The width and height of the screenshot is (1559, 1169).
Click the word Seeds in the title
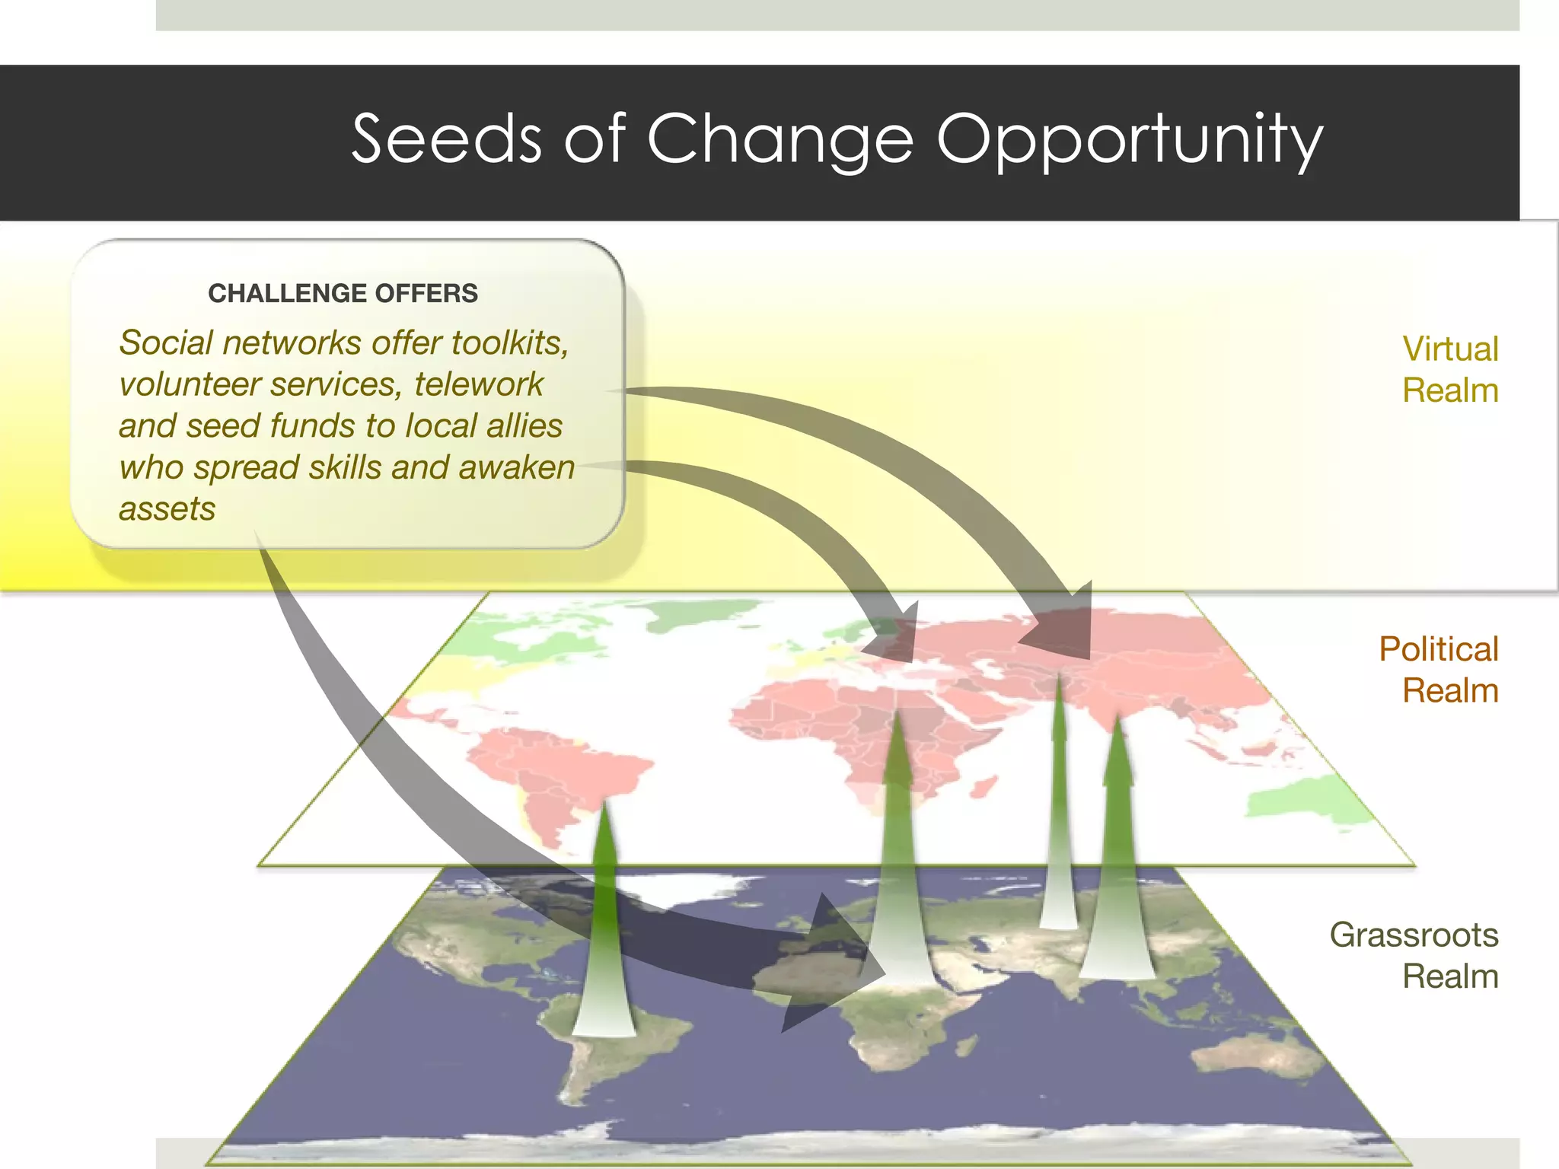click(446, 139)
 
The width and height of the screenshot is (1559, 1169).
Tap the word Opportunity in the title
click(1130, 140)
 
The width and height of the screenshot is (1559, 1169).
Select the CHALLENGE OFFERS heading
click(343, 293)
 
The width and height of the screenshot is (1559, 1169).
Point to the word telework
click(479, 384)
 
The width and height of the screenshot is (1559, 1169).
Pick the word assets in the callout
click(167, 508)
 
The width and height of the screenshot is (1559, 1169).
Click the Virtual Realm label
click(1449, 370)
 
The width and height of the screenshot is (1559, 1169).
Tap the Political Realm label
click(1438, 670)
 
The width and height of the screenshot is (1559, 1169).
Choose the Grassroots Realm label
click(1414, 955)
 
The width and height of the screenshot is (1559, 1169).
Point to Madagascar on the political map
click(985, 787)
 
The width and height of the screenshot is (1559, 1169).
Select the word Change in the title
click(779, 140)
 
